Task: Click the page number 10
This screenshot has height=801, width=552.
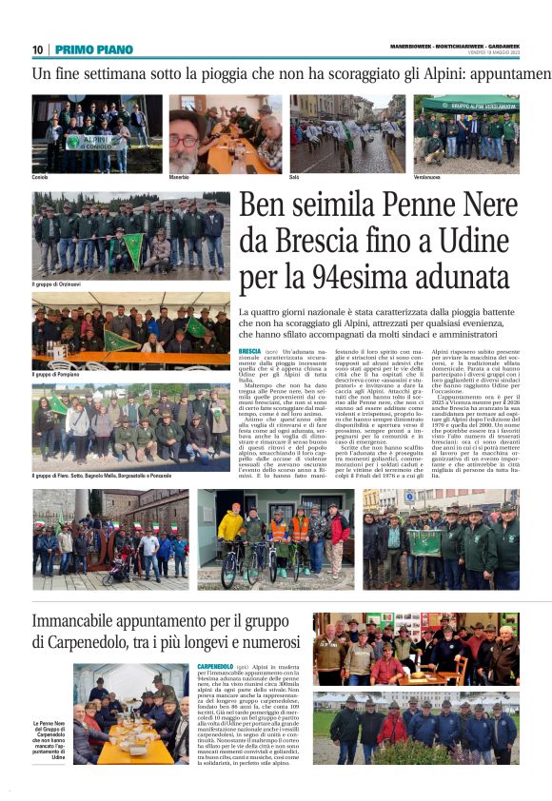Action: pyautogui.click(x=37, y=49)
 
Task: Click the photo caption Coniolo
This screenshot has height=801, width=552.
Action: pyautogui.click(x=41, y=178)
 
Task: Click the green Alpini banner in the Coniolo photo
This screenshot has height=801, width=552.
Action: pyautogui.click(x=88, y=141)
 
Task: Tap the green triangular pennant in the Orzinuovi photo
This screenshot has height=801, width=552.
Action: pyautogui.click(x=136, y=248)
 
